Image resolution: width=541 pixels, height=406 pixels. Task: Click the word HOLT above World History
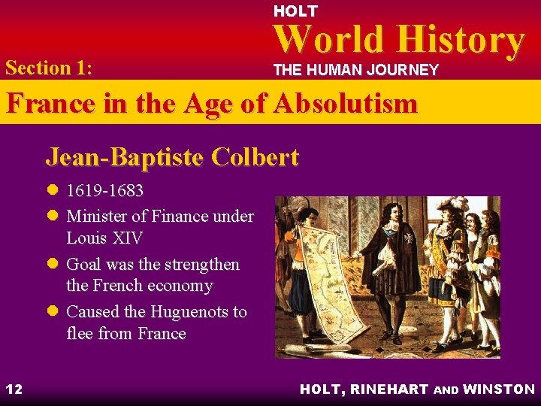[295, 11]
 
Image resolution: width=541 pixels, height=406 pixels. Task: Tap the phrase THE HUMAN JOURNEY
[355, 71]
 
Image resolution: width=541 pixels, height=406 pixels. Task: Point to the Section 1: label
[49, 68]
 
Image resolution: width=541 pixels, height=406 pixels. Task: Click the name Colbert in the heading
[255, 157]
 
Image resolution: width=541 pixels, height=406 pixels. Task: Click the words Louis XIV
[104, 238]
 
